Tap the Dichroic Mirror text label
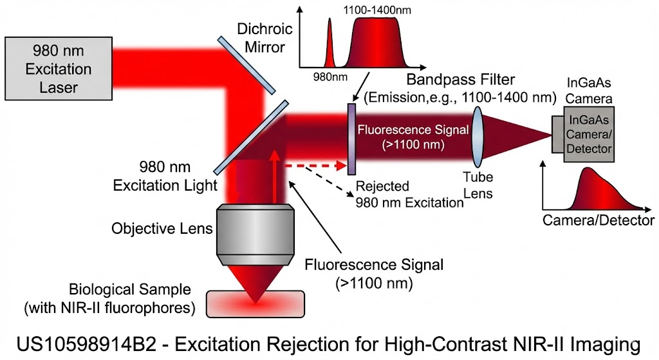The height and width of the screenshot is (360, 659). tap(265, 37)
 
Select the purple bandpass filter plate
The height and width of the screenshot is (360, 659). tap(351, 138)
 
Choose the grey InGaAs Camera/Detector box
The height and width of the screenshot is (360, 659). tap(585, 135)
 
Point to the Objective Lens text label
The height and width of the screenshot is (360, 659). tap(162, 228)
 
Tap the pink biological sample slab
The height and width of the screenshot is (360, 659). tap(256, 303)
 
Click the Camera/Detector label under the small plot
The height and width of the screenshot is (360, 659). tap(599, 220)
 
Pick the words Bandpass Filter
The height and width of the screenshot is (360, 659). tap(461, 81)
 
